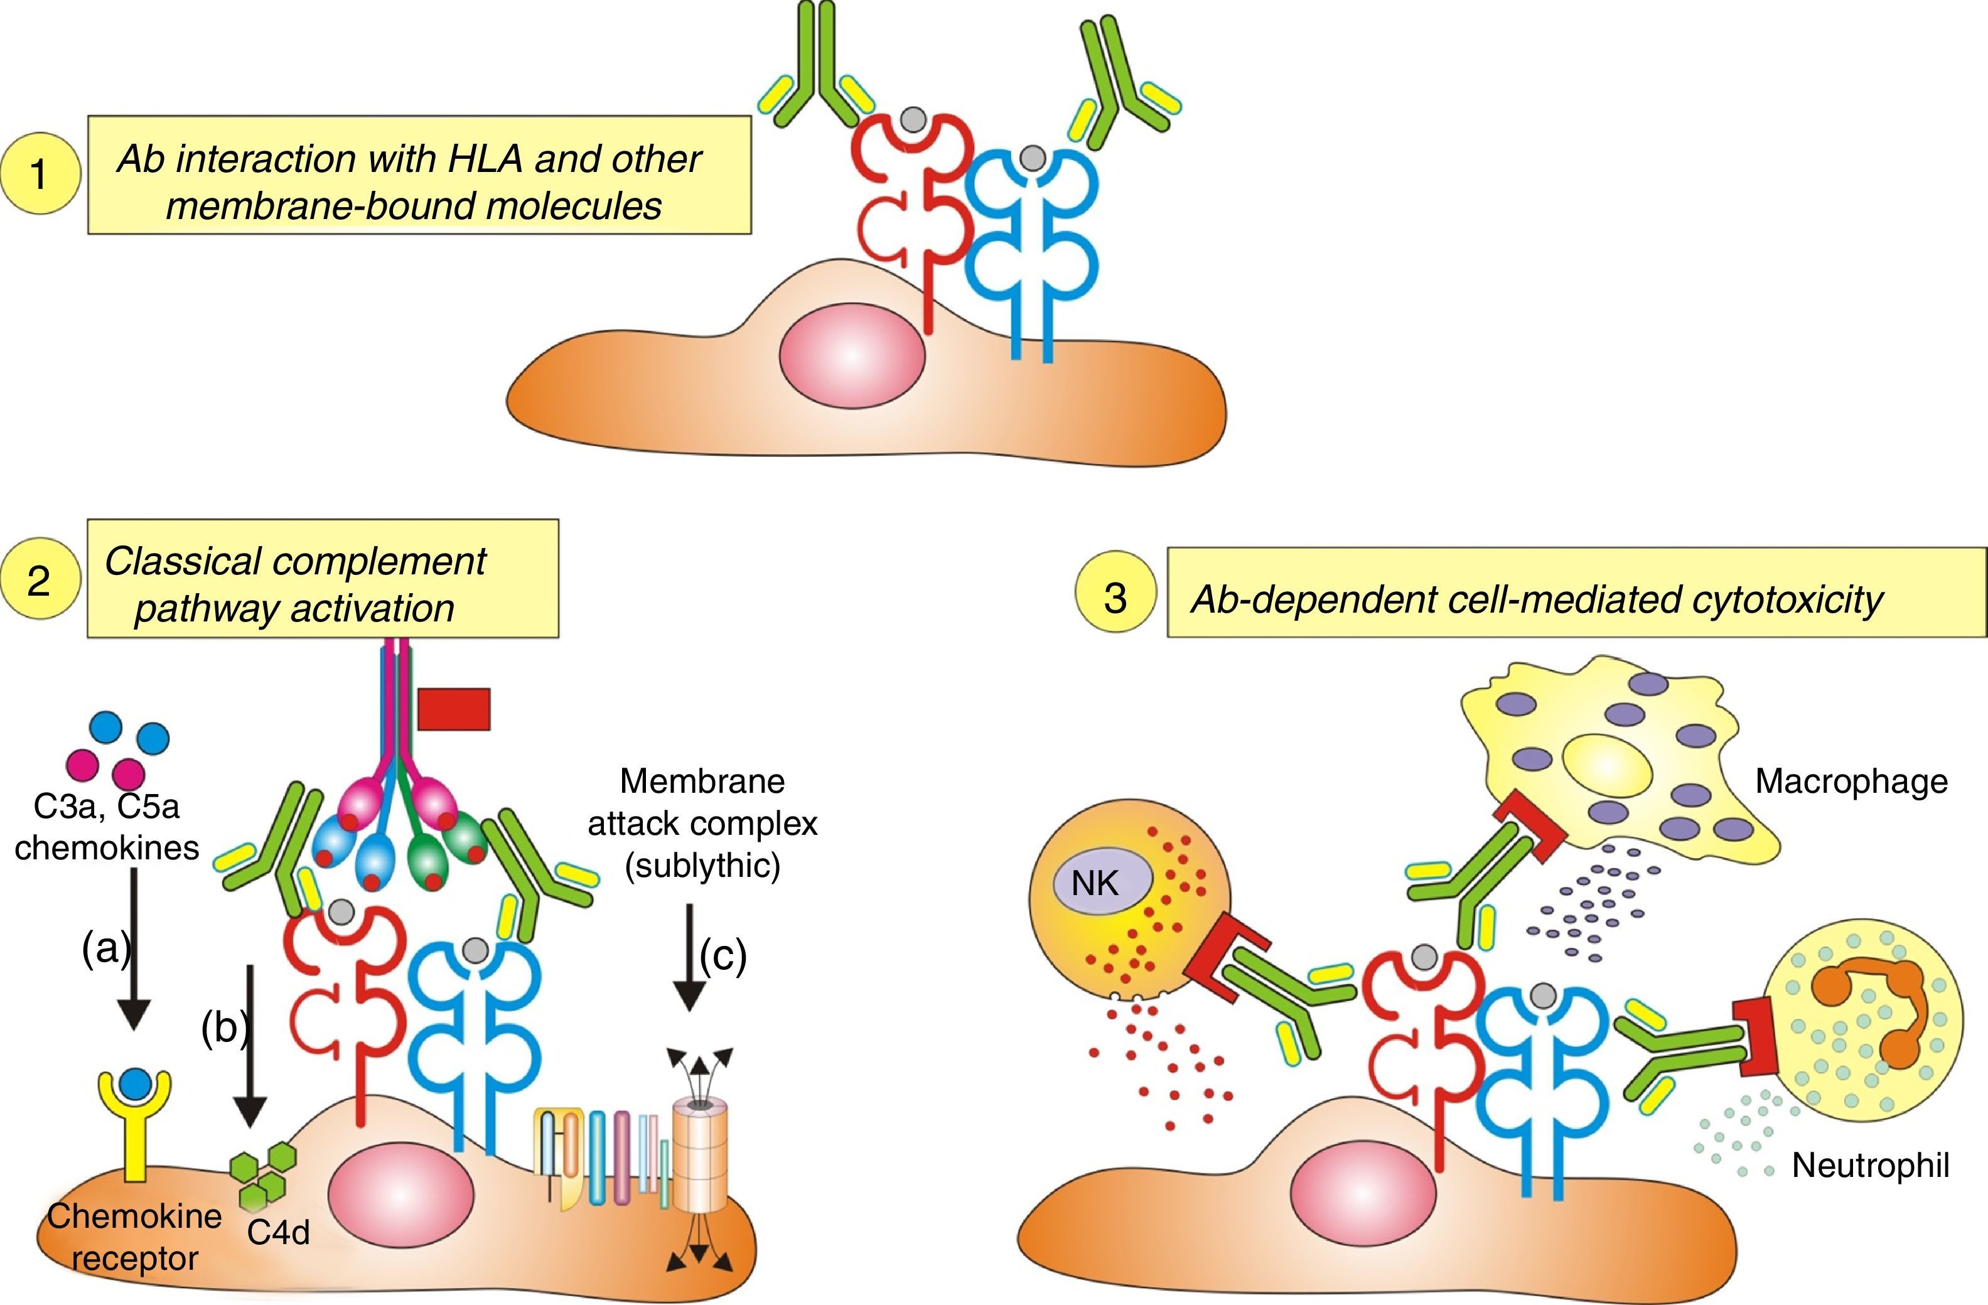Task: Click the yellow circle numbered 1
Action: (40, 174)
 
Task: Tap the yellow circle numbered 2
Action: (40, 580)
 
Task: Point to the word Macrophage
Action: (1851, 782)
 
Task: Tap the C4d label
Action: (278, 1232)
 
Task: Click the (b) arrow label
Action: (225, 1027)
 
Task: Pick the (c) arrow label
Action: (723, 954)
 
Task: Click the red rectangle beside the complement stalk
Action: (454, 709)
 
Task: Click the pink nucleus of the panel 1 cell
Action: (852, 356)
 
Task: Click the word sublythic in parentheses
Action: (702, 866)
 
